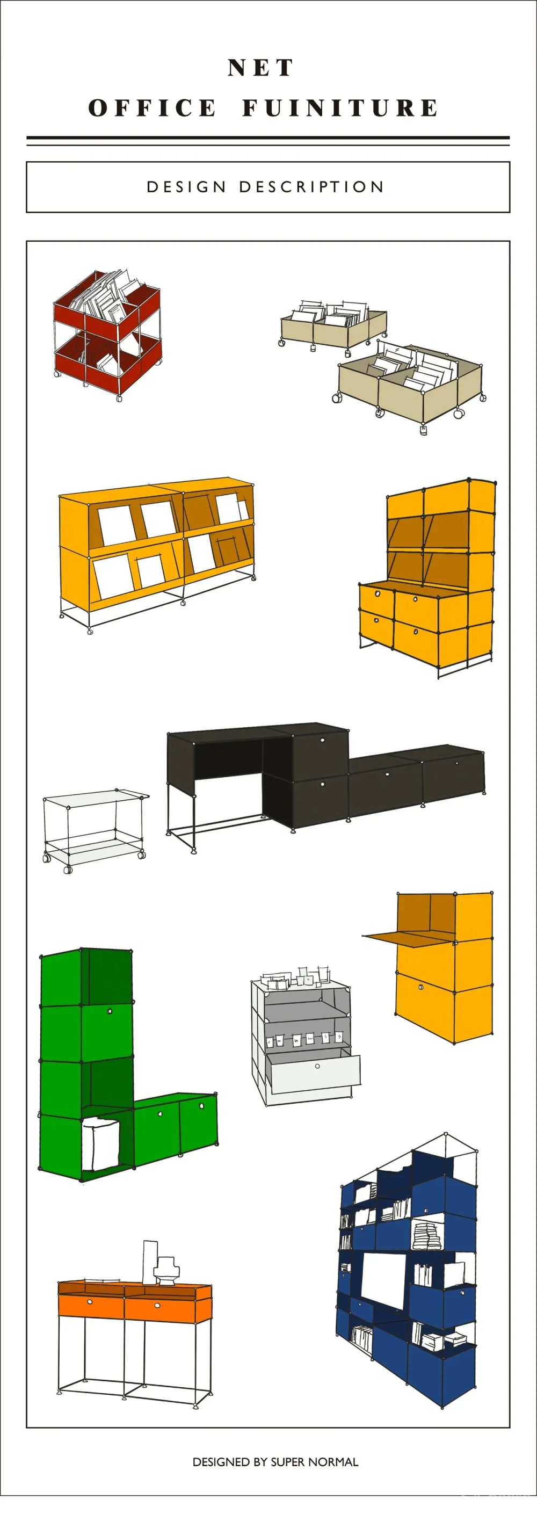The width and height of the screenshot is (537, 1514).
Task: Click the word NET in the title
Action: click(260, 68)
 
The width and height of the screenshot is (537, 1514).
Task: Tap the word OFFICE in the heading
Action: click(153, 108)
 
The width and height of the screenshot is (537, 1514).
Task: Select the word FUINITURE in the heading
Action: click(340, 108)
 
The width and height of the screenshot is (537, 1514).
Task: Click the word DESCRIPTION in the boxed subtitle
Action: click(311, 187)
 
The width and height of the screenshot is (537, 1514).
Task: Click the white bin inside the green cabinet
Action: click(100, 1144)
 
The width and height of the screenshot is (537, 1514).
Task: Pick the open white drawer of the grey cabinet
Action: click(315, 1071)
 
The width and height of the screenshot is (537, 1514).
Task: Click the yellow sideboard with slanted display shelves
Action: click(157, 553)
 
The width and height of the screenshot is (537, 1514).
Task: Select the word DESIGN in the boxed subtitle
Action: click(186, 187)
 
